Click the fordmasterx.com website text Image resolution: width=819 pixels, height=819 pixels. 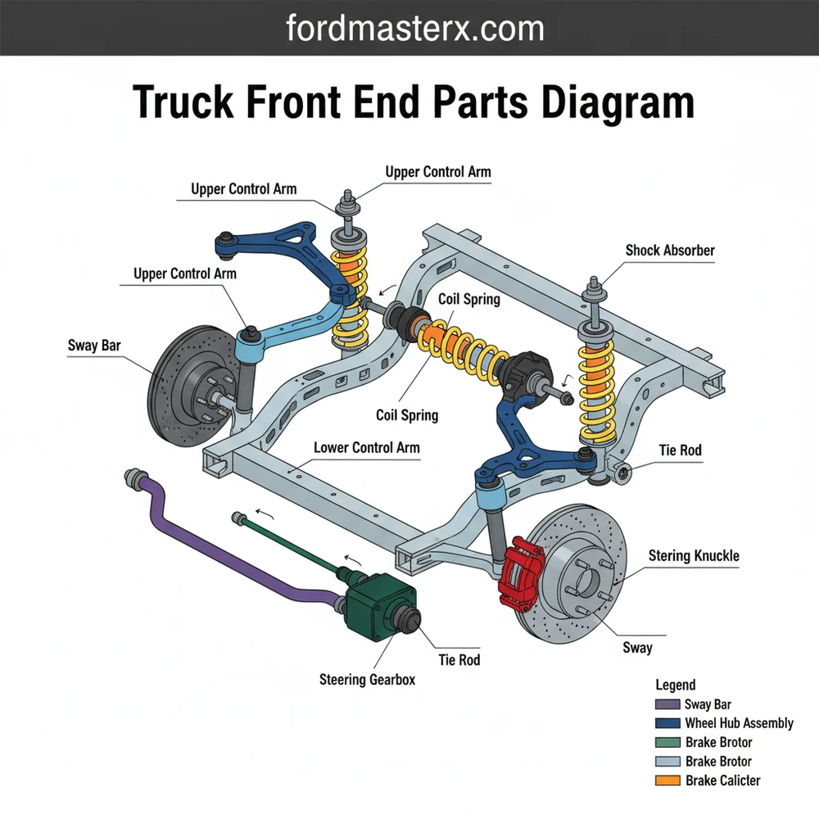[x=415, y=29]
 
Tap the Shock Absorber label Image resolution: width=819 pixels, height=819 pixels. [x=670, y=251]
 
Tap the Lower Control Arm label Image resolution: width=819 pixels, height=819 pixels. [x=366, y=448]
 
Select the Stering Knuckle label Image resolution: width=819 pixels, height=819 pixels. [x=694, y=556]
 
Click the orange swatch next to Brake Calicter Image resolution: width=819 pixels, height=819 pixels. [x=668, y=781]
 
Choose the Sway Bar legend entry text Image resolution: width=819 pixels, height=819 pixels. [x=708, y=704]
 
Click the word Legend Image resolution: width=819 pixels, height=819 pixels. [x=676, y=685]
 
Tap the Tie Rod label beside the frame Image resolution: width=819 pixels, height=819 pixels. [x=680, y=450]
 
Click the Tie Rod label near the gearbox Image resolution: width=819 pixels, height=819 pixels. [x=459, y=659]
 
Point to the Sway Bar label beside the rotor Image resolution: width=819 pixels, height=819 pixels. [x=94, y=346]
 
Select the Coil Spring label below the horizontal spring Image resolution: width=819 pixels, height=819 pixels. [x=407, y=415]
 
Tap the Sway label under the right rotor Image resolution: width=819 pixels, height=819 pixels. [x=637, y=648]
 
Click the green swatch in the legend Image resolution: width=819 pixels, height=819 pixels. [x=668, y=743]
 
